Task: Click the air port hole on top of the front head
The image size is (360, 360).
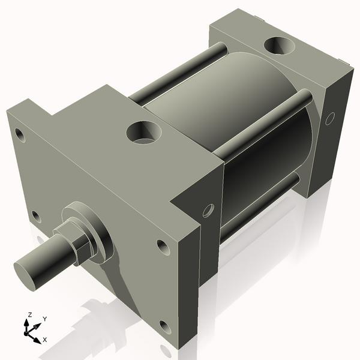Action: pos(142,132)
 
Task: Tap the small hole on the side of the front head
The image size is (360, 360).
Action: pos(208,210)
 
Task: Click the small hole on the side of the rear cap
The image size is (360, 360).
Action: pos(329,119)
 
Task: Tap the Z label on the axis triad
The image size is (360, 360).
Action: pos(29,314)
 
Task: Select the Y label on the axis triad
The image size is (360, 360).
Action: pos(44,319)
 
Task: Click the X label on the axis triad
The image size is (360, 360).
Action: pos(44,340)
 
